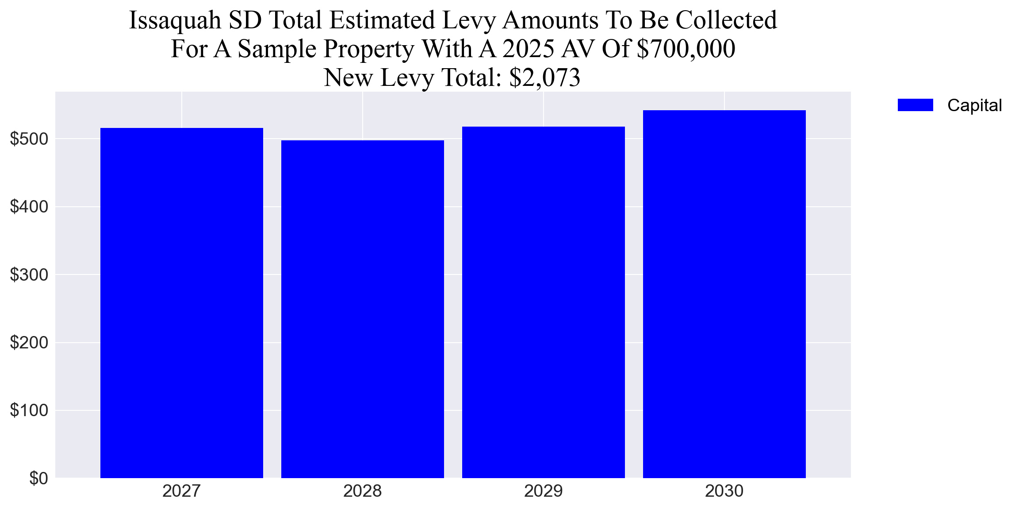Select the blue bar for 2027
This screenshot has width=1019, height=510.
(x=182, y=303)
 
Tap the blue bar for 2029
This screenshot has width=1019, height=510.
(x=544, y=302)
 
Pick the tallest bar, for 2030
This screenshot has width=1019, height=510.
(x=724, y=294)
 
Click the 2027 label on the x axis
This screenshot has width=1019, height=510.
(x=182, y=491)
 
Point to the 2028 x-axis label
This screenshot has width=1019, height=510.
(x=363, y=491)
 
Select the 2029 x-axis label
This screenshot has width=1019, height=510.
(x=544, y=491)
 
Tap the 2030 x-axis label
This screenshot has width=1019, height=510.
(x=724, y=491)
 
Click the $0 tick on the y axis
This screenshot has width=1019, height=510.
(x=38, y=479)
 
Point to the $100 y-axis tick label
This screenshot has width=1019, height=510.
(x=29, y=410)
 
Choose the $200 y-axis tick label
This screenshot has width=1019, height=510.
(x=29, y=343)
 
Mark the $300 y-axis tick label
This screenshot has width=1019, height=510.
(x=29, y=275)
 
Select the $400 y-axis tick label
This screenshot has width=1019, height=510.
(x=29, y=207)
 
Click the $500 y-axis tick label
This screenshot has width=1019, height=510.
(x=29, y=139)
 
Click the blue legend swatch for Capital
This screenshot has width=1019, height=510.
(x=915, y=105)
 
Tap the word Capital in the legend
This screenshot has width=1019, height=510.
(x=974, y=105)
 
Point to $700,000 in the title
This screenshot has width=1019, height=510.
(x=686, y=49)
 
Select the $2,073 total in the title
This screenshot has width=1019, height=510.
(x=544, y=77)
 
